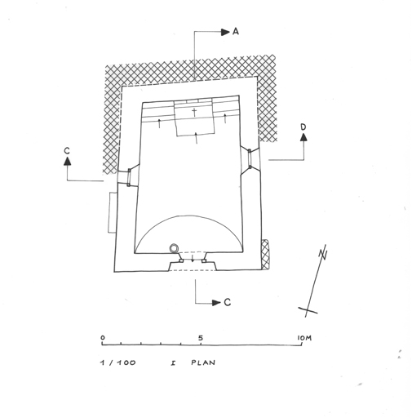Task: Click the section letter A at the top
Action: point(236,32)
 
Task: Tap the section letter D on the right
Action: point(303,127)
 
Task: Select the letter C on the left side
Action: point(67,151)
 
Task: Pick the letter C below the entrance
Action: point(228,302)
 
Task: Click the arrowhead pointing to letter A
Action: point(225,32)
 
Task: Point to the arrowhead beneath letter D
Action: point(303,137)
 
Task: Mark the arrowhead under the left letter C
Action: point(68,161)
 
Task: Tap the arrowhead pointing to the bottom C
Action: point(216,303)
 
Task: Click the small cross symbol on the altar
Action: point(194,112)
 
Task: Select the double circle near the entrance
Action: point(174,248)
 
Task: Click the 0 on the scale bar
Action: point(103,338)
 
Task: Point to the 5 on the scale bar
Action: point(201,338)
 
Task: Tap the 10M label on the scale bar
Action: point(304,338)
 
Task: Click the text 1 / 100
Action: point(117,362)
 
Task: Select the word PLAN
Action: point(203,362)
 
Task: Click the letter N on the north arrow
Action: point(323,254)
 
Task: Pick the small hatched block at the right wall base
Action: point(264,254)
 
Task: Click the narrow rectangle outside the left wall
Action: point(113,212)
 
